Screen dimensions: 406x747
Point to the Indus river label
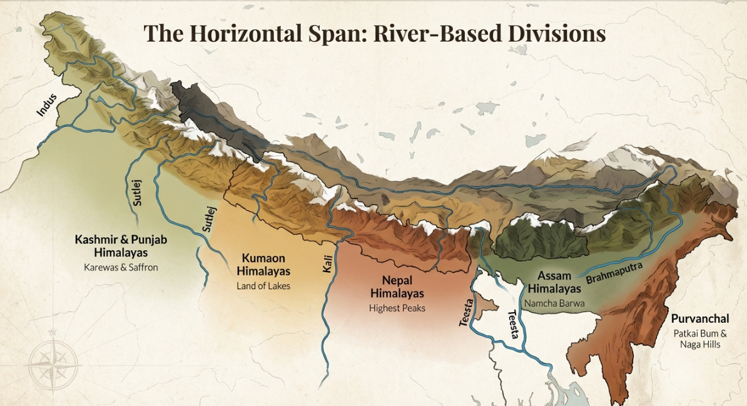click(x=47, y=104)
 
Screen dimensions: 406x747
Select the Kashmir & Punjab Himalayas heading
click(x=121, y=246)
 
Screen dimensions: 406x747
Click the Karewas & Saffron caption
click(x=121, y=267)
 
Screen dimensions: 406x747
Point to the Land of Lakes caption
click(x=263, y=286)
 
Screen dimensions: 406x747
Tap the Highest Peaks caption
click(x=397, y=308)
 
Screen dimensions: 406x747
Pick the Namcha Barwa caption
click(x=554, y=303)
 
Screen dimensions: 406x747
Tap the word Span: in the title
click(x=336, y=33)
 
